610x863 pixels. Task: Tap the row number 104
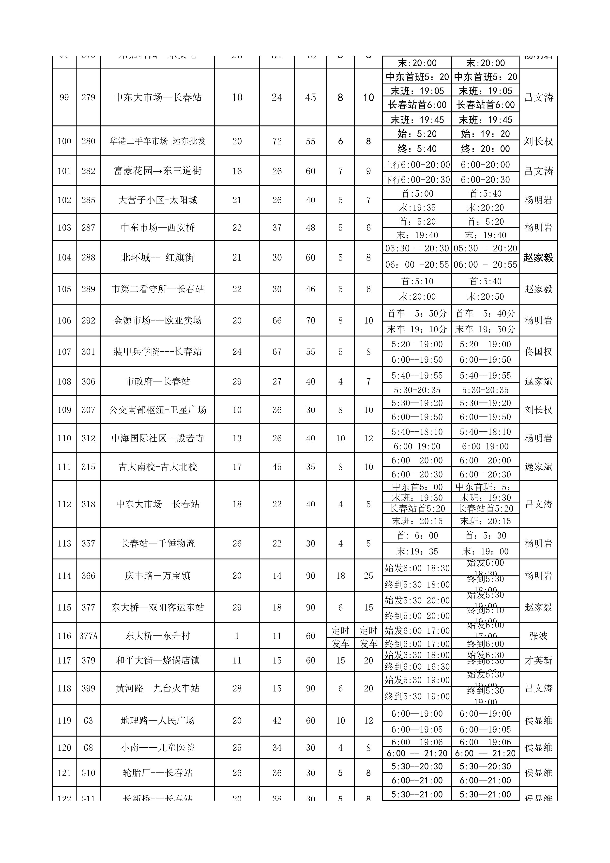[x=64, y=258]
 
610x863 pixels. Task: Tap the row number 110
[x=64, y=438]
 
